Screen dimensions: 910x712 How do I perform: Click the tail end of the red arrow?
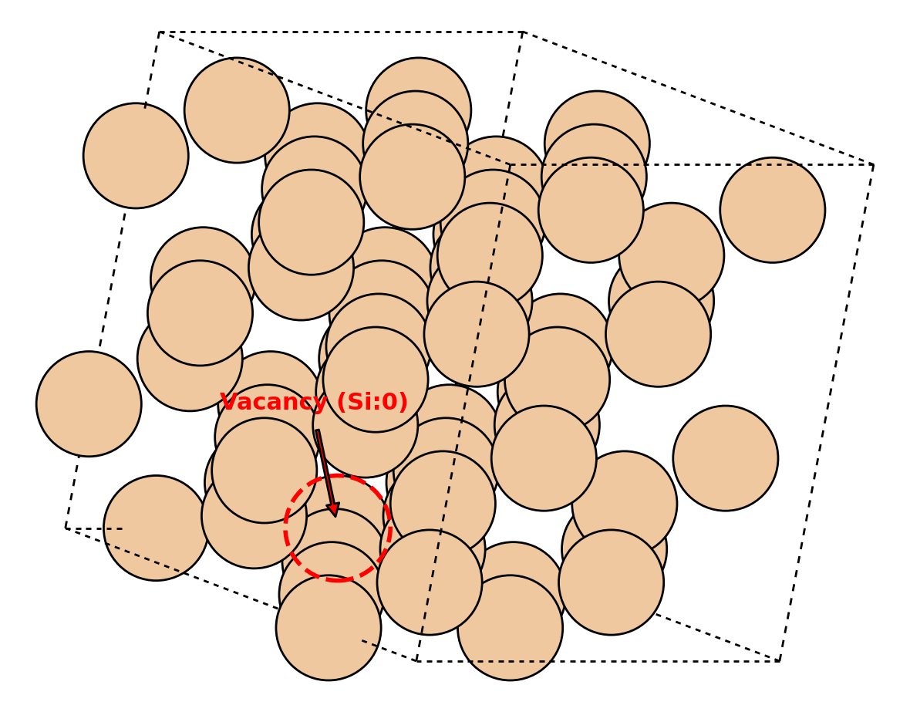point(318,430)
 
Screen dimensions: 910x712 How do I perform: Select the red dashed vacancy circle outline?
point(285,528)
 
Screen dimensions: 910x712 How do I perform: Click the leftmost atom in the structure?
point(89,403)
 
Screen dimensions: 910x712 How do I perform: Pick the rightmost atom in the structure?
point(773,210)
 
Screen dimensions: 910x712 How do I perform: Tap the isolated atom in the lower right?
point(726,458)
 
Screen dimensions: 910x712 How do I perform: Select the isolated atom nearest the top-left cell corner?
point(136,156)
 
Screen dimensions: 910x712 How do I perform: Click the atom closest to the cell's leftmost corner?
point(156,528)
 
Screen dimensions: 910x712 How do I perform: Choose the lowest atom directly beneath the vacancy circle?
point(329,628)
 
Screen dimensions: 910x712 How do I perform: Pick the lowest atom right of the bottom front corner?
point(510,628)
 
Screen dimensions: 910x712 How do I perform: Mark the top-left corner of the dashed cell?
point(160,32)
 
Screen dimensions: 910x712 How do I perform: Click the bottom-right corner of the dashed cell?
point(780,661)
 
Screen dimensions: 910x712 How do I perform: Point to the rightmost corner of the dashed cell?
point(874,165)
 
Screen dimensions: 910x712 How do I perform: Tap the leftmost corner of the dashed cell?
point(66,528)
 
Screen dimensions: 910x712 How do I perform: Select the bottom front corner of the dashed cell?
point(416,661)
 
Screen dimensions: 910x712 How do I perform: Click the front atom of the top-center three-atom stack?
point(412,177)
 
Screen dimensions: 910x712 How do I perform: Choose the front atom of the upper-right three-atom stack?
point(591,210)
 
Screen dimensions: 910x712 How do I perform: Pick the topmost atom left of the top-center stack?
point(237,110)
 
